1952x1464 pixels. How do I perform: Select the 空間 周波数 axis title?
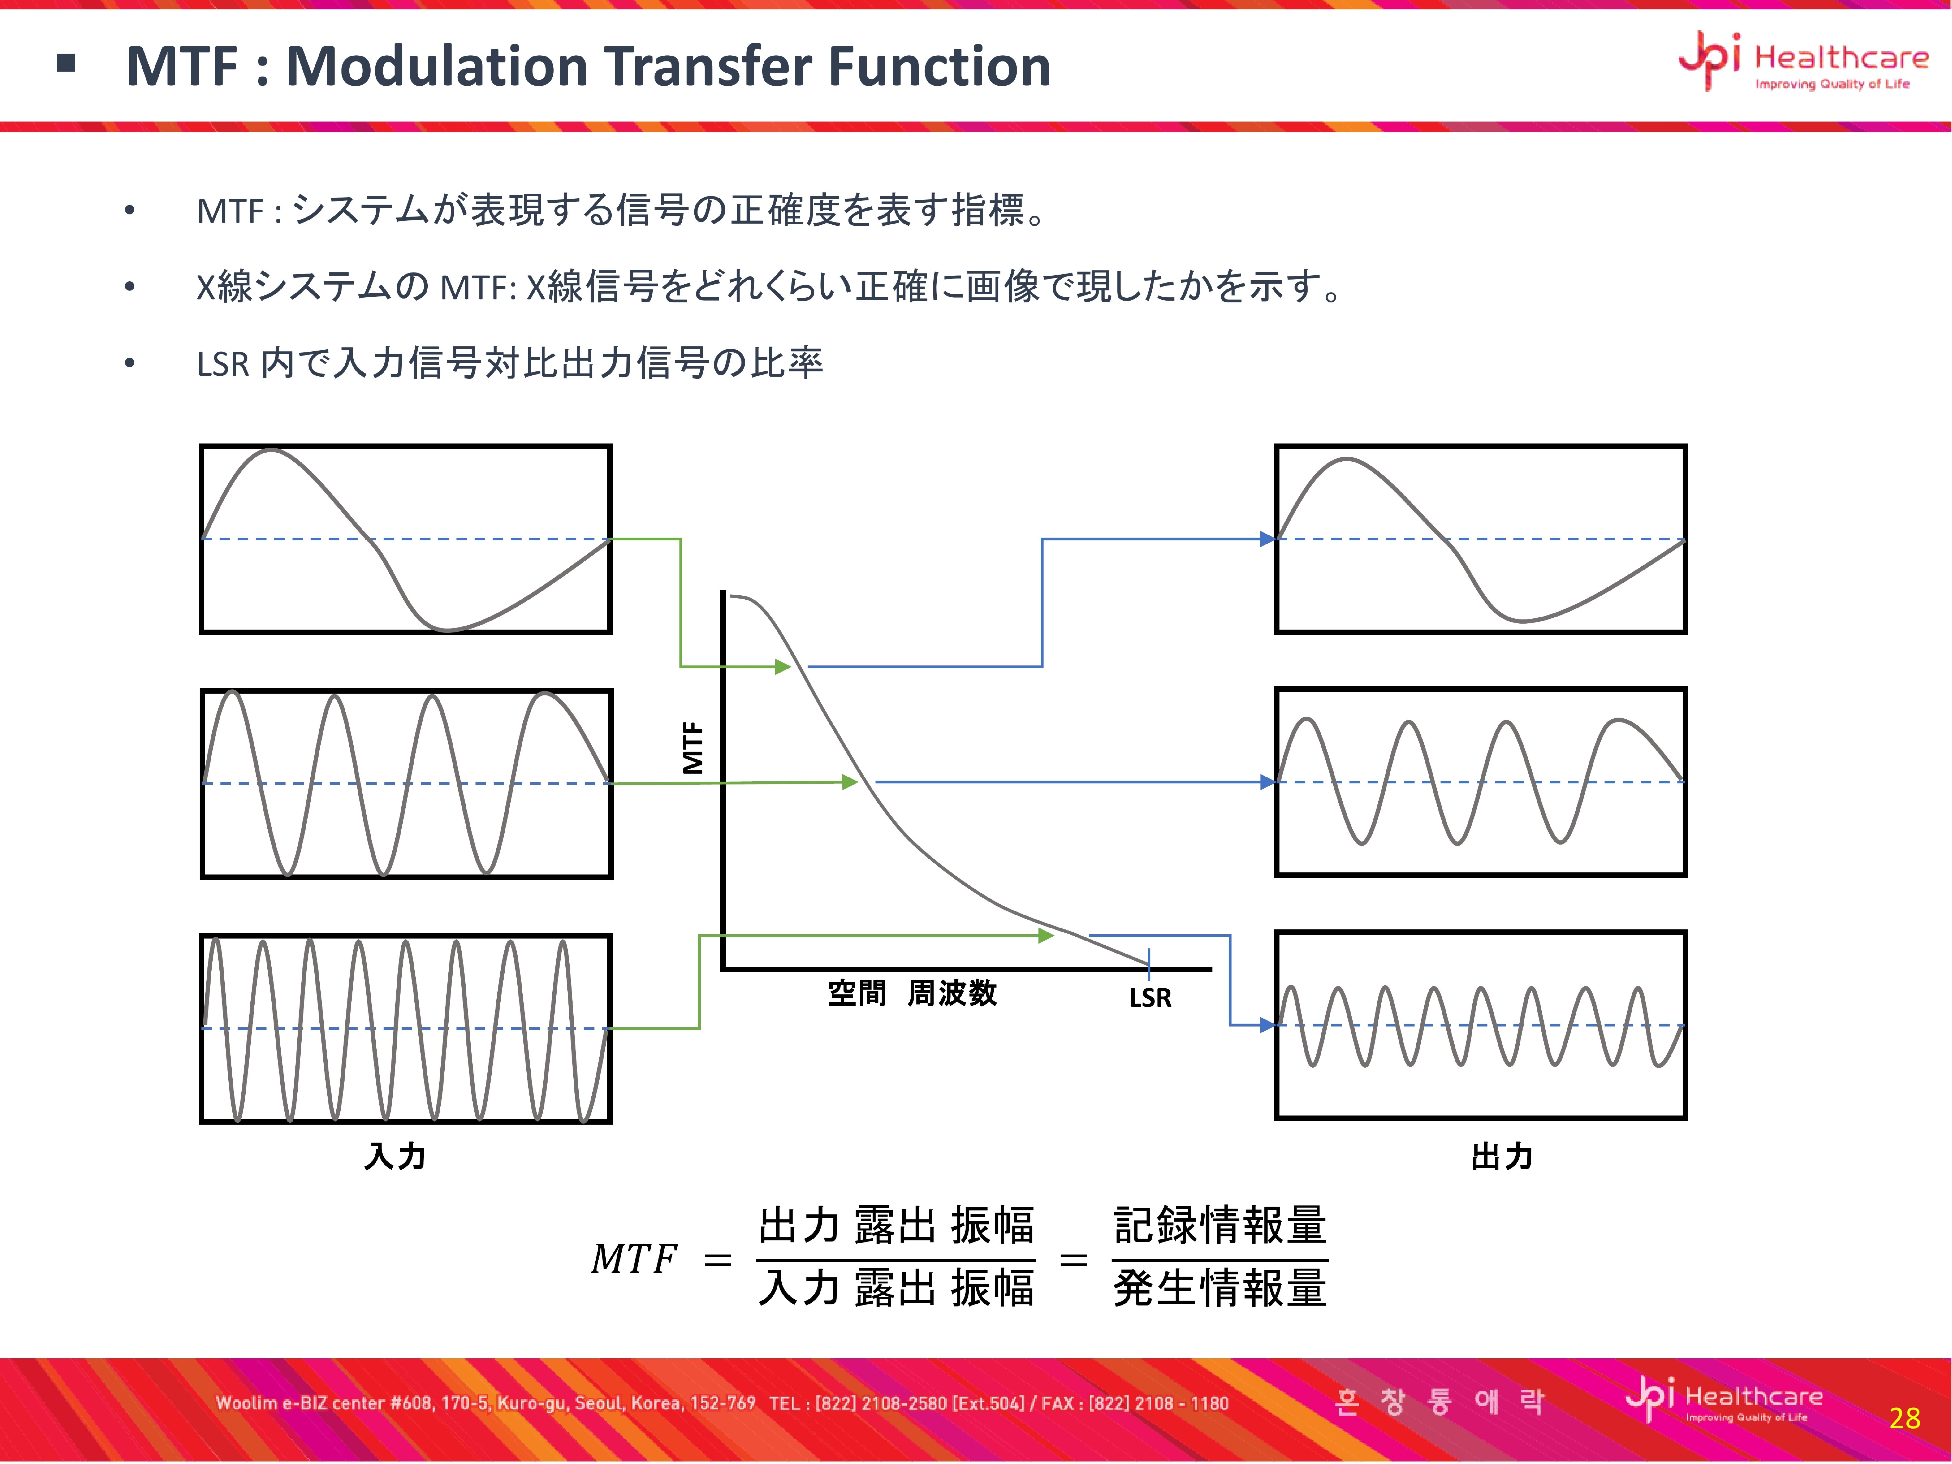coord(912,993)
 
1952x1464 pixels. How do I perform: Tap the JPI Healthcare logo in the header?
coord(1803,60)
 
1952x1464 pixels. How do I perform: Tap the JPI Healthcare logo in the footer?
coord(1723,1399)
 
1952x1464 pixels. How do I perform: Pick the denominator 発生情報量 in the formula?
coord(1220,1288)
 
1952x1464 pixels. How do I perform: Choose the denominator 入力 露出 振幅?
coord(896,1288)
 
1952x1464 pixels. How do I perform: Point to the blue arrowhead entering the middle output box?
coord(1268,782)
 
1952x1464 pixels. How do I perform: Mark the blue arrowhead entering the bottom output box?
coord(1268,1025)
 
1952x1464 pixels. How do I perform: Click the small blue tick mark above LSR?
coord(1149,964)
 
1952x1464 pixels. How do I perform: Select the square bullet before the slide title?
coord(65,63)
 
